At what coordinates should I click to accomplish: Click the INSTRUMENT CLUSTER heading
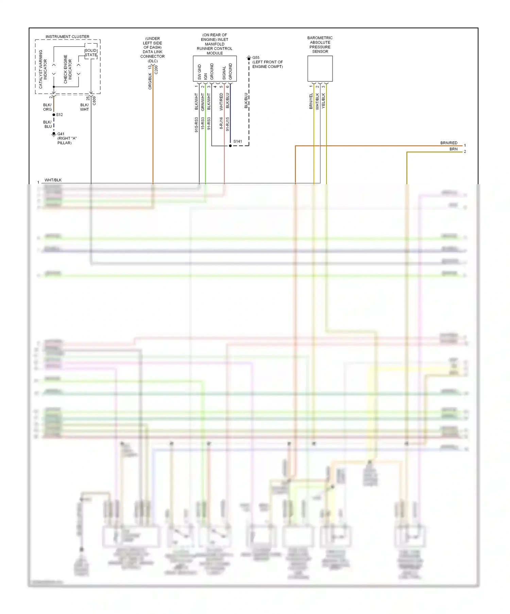67,36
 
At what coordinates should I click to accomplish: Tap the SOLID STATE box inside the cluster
91,52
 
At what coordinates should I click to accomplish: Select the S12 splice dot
54,115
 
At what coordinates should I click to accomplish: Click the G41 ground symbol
54,134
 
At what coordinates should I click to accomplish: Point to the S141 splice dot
230,146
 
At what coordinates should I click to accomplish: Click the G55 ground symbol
249,58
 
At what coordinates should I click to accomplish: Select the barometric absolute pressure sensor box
320,68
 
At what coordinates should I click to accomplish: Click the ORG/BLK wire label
150,81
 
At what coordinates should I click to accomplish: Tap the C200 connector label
156,70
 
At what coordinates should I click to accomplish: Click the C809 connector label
94,100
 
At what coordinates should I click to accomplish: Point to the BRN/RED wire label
449,143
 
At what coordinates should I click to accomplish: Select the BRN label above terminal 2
454,149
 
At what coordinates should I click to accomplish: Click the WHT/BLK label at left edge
53,180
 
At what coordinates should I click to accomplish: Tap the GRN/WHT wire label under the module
203,102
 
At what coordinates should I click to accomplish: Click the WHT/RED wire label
221,101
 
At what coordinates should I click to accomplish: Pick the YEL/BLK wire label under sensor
323,101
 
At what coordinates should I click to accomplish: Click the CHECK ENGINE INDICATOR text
68,69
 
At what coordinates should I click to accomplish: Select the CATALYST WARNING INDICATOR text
43,69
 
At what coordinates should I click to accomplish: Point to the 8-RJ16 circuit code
221,123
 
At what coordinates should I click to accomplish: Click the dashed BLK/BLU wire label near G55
246,100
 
